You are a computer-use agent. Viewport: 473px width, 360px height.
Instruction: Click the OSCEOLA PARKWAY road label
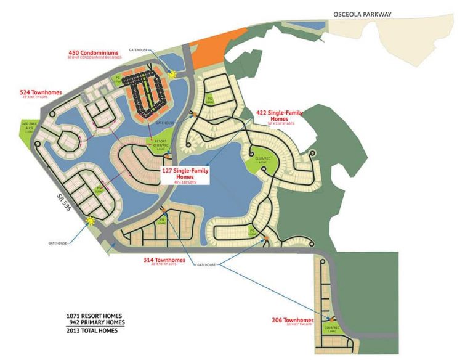[x=363, y=14]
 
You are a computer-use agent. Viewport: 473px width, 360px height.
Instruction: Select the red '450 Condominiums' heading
[x=95, y=53]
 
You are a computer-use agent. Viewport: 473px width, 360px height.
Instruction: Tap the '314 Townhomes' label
[x=164, y=260]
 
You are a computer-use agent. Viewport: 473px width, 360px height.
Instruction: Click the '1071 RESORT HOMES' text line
[x=95, y=316]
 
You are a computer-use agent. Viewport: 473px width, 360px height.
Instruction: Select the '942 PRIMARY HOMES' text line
[x=95, y=322]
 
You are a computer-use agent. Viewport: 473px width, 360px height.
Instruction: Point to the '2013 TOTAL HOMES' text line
[x=95, y=330]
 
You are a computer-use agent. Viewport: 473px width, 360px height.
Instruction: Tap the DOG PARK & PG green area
[x=22, y=130]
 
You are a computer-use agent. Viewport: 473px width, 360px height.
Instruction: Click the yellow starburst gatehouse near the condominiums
[x=173, y=73]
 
